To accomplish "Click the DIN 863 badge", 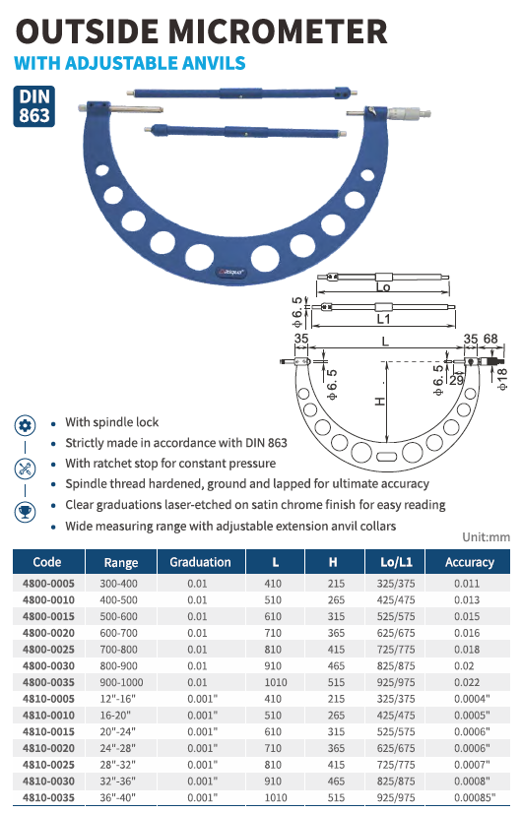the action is click(x=33, y=105).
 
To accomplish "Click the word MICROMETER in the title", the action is click(x=278, y=31).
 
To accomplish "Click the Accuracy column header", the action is click(x=469, y=562).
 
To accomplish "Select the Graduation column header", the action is click(x=200, y=562).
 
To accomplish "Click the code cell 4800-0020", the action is click(x=49, y=633).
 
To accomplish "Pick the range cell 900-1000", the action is click(x=121, y=682).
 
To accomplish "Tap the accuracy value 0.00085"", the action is click(x=475, y=797).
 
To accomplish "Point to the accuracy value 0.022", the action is click(x=467, y=682).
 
